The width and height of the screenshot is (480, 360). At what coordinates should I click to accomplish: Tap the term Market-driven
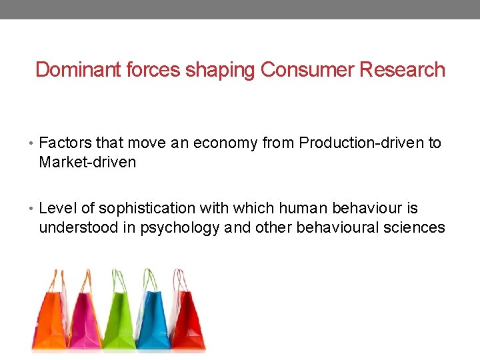point(87,162)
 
